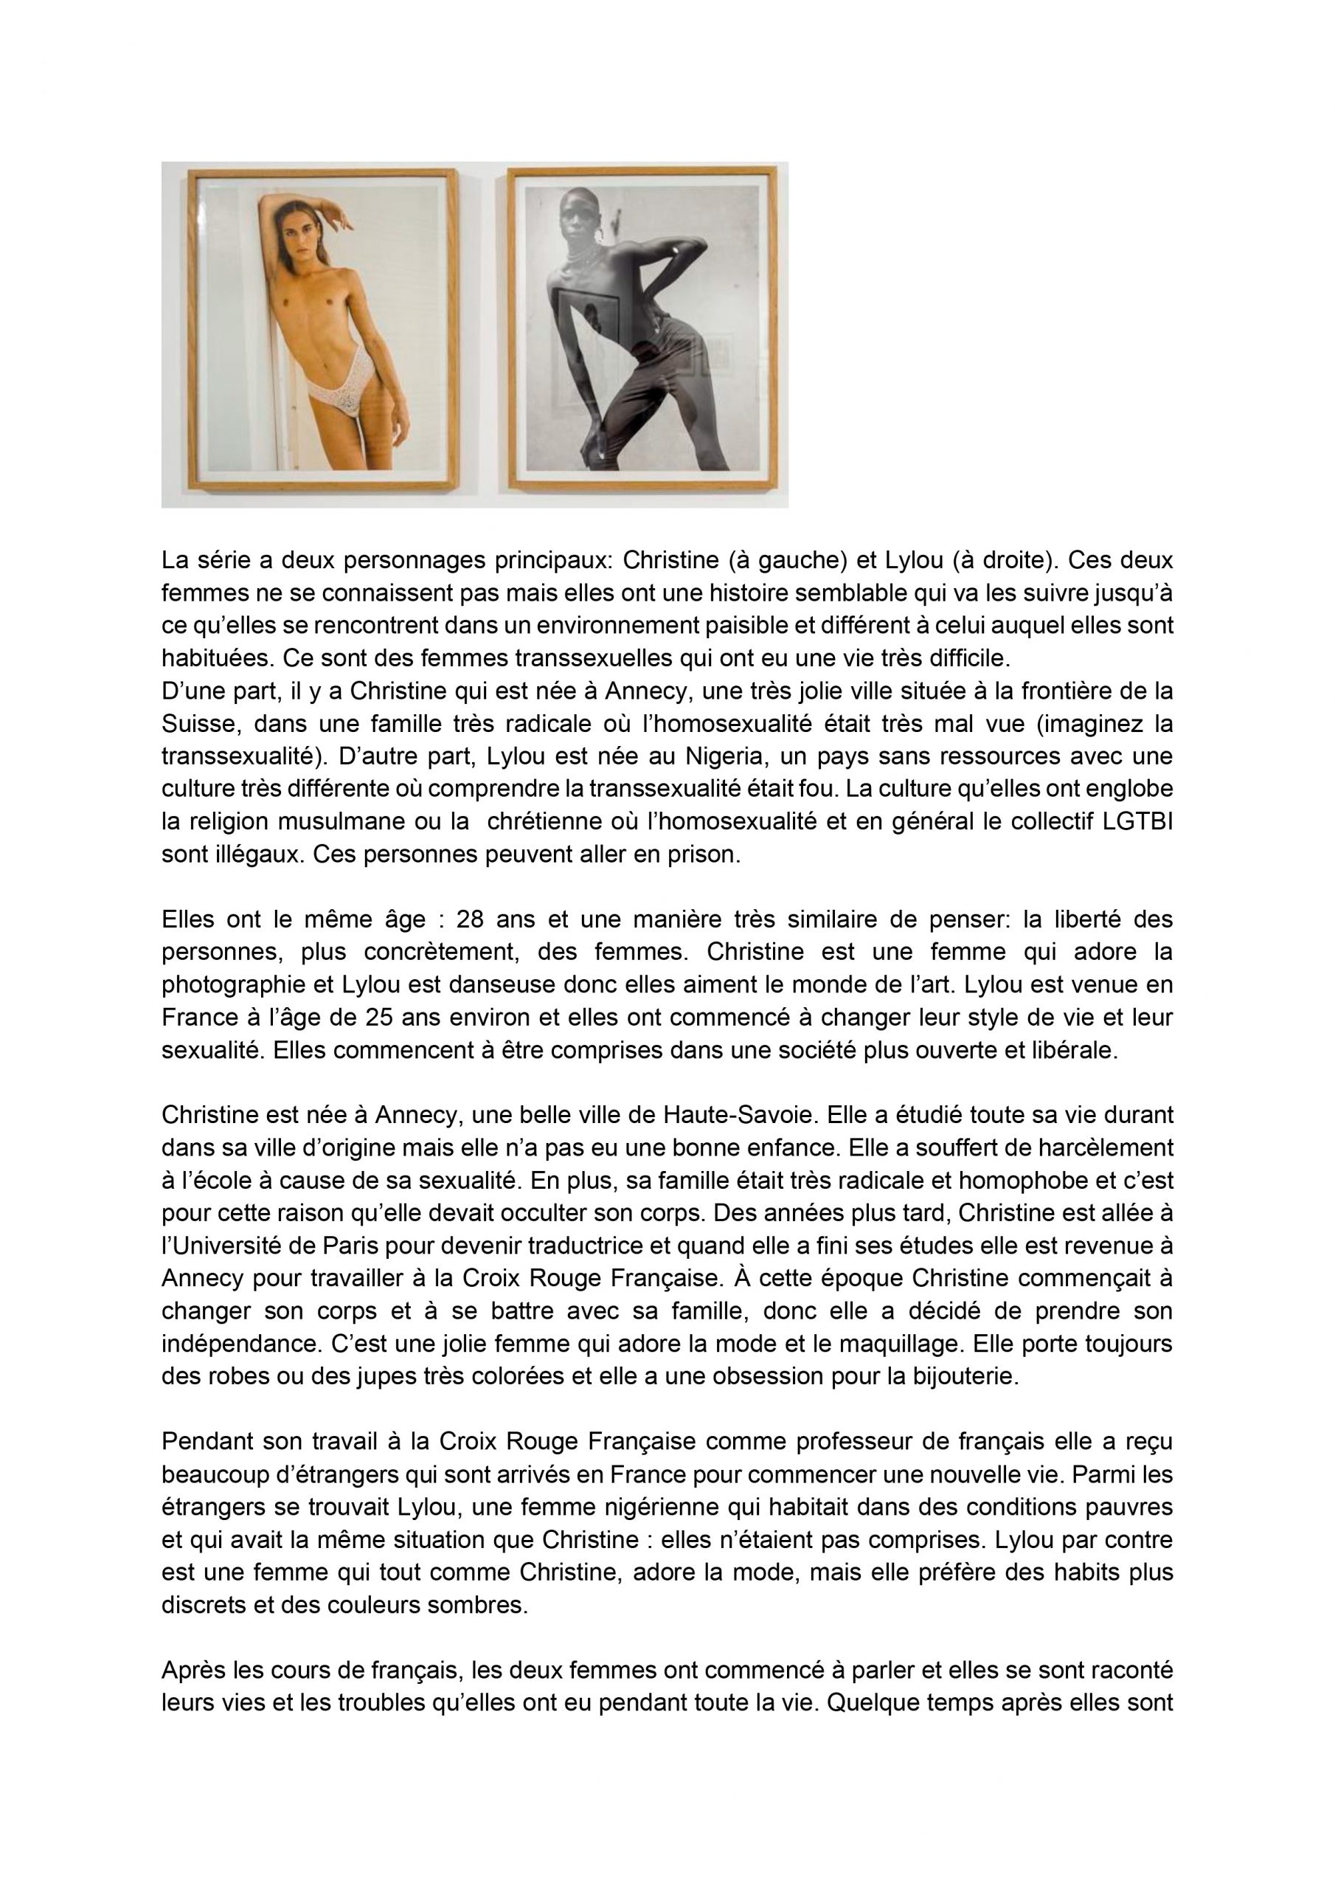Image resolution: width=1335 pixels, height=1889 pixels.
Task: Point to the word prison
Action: (x=704, y=854)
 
